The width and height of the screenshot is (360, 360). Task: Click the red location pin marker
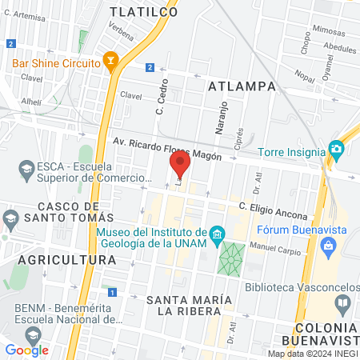(x=180, y=166)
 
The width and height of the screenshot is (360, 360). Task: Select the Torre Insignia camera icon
(x=336, y=149)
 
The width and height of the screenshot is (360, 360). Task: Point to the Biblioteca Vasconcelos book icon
(x=342, y=303)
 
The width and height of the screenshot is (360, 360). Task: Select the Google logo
(x=26, y=350)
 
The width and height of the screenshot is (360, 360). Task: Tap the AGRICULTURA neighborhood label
(x=57, y=260)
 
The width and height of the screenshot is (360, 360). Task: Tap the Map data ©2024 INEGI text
(x=312, y=354)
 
